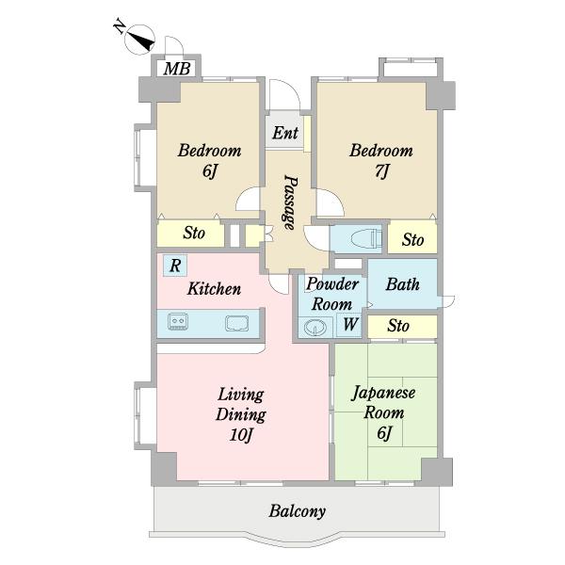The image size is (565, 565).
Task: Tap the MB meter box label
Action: (x=177, y=69)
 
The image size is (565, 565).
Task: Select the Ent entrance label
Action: (x=285, y=133)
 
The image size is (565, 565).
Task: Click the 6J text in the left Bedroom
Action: (x=209, y=170)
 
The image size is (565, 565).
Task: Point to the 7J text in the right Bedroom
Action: (x=381, y=170)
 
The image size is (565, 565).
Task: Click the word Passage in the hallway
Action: (x=290, y=202)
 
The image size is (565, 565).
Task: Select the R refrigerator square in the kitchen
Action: (x=175, y=266)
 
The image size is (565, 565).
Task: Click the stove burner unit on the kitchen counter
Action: (x=178, y=321)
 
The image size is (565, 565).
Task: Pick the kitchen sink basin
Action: (x=237, y=323)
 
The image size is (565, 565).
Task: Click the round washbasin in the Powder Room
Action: (x=315, y=328)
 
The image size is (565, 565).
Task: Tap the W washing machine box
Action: (x=349, y=325)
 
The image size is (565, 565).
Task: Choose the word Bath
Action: (x=402, y=284)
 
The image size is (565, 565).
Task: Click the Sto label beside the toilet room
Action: (x=413, y=240)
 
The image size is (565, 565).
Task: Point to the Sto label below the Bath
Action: (x=398, y=326)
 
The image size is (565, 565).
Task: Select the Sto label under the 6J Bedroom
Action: (x=194, y=234)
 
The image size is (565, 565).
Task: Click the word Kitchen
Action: (x=214, y=289)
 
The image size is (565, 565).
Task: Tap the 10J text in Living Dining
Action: (x=241, y=434)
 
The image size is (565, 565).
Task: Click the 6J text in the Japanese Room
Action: (x=384, y=432)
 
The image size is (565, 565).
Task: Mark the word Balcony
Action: (x=298, y=511)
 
